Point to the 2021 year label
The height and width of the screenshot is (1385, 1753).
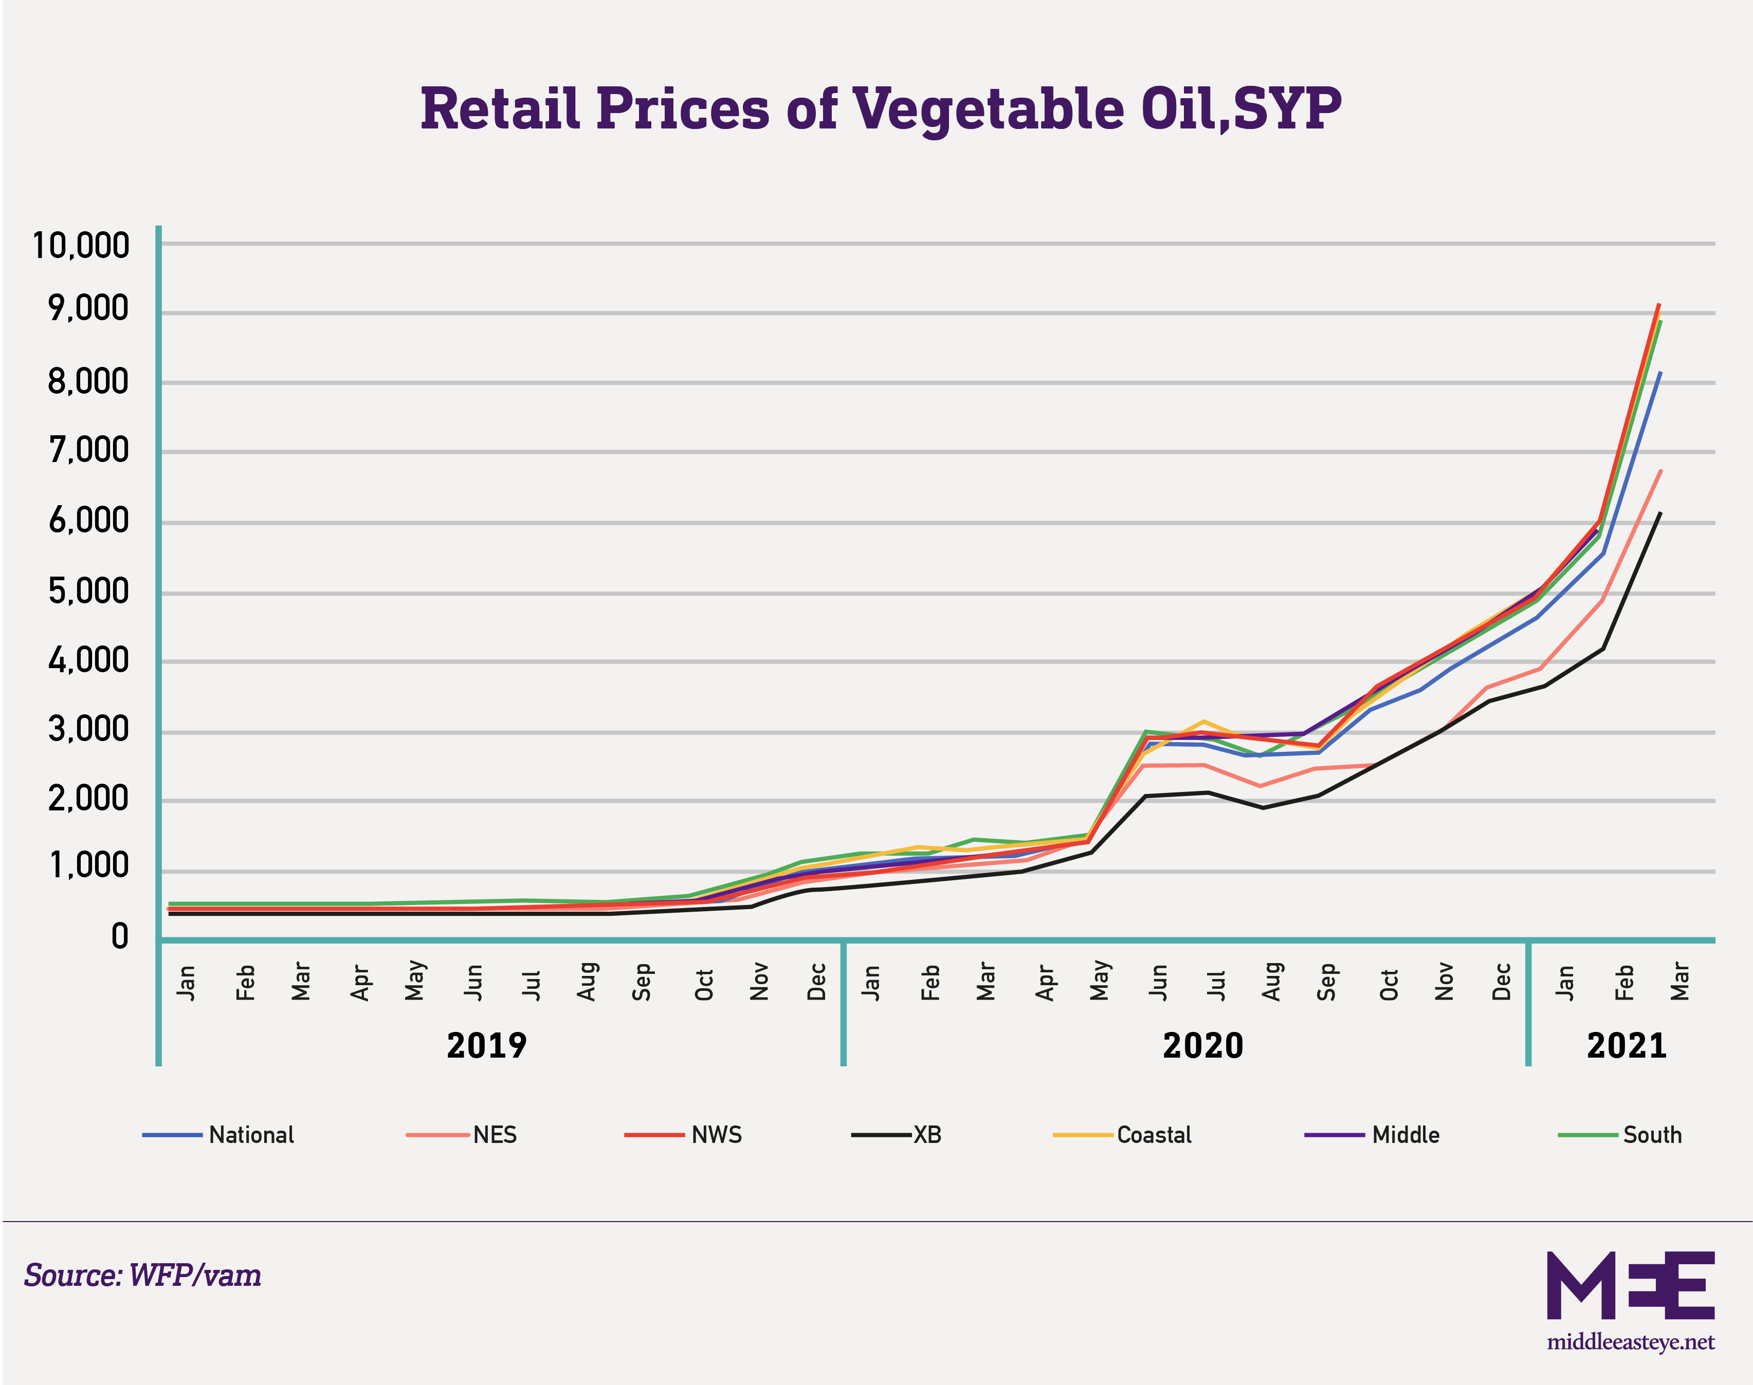pos(1627,1045)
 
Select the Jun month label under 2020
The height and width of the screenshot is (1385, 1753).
pos(1158,982)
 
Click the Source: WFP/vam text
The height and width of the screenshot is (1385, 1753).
pos(142,1276)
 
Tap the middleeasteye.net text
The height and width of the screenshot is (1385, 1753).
pos(1631,1342)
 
